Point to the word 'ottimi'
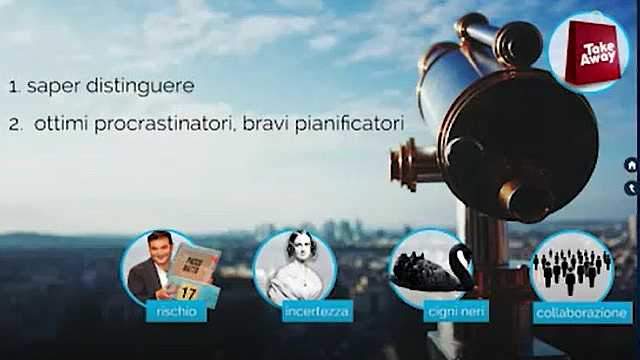pos(68,125)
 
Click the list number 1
pos(14,87)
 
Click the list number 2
pos(14,125)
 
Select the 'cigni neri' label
pos(430,313)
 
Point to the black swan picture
pos(431,267)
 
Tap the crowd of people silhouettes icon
pos(572,268)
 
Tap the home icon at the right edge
pos(631,165)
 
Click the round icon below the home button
pos(631,187)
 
